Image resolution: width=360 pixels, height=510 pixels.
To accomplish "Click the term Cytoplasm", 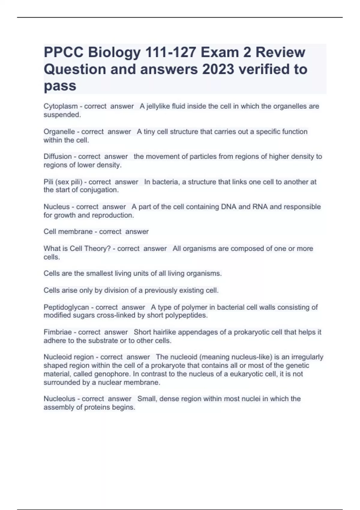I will pyautogui.click(x=60, y=106).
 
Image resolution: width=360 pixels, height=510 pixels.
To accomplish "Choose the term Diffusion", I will pyautogui.click(x=57, y=157).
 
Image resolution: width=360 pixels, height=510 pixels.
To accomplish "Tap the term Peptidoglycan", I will pyautogui.click(x=66, y=307).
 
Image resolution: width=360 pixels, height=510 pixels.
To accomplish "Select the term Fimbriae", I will pyautogui.click(x=57, y=332).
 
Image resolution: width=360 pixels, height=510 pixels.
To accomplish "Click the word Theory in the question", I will pyautogui.click(x=96, y=249).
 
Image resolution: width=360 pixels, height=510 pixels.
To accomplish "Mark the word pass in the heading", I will pyautogui.click(x=60, y=86).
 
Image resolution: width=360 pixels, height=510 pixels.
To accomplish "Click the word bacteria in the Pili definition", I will pyautogui.click(x=165, y=182).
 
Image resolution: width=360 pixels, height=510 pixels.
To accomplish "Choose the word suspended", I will pyautogui.click(x=62, y=115).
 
